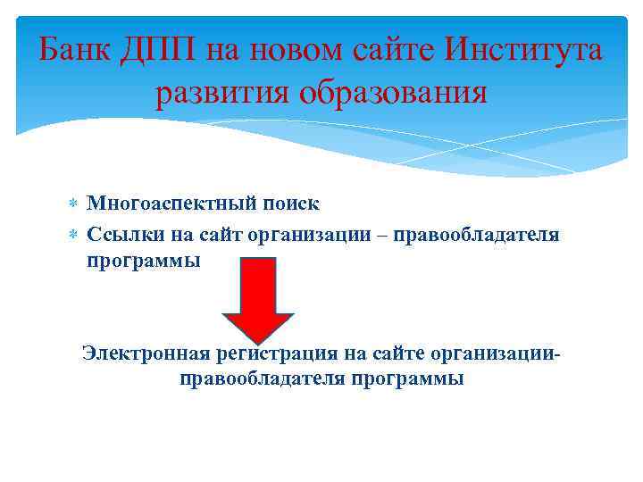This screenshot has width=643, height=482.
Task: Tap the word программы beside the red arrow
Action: (144, 262)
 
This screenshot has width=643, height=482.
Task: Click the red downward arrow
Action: (257, 299)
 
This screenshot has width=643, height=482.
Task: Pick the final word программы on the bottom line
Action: (406, 379)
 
